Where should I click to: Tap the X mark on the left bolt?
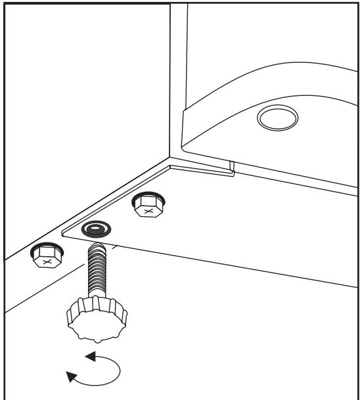tap(46, 261)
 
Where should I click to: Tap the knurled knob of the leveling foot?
tap(91, 319)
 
